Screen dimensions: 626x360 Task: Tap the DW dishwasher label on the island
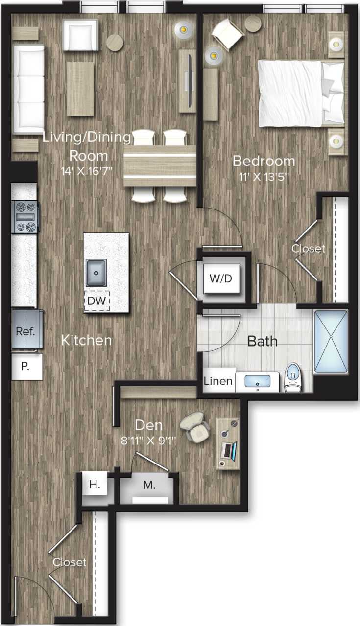97,301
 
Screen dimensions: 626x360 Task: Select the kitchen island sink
97,273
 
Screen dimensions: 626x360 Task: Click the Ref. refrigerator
25,331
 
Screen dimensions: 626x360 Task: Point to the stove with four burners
25,216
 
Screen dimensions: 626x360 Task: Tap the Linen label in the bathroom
218,381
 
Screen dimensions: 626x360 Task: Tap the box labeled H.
95,485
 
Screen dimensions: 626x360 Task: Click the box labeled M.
149,486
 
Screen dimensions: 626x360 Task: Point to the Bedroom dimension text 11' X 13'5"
264,176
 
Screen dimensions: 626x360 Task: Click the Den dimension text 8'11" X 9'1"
149,439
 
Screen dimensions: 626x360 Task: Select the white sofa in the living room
28,89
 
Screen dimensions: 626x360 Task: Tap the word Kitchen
86,340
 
